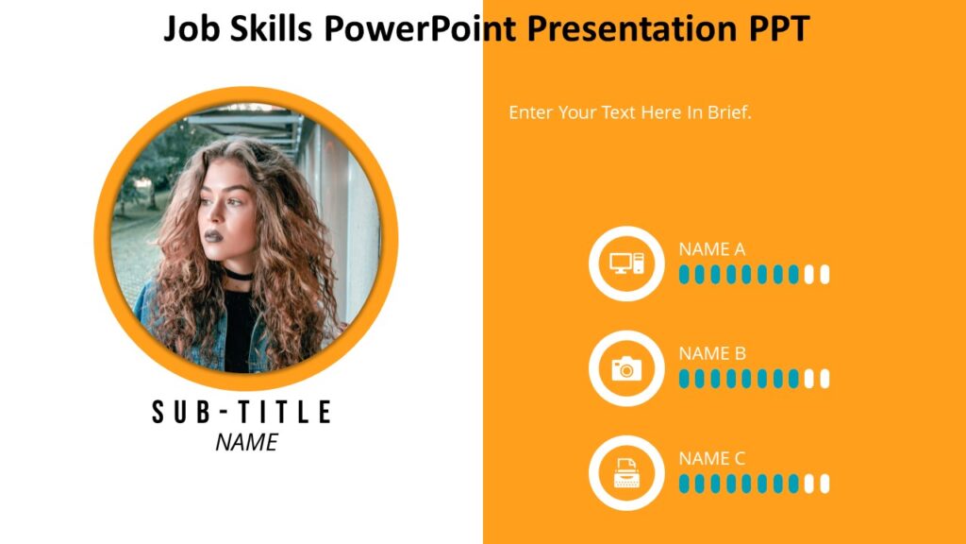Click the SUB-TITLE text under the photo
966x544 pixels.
coord(242,412)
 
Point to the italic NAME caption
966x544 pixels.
coord(246,442)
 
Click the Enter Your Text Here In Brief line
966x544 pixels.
coord(629,112)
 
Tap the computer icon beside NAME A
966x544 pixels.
coord(626,263)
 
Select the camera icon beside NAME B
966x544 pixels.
coord(626,368)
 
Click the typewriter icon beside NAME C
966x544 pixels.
coord(626,473)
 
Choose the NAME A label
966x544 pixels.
coord(711,249)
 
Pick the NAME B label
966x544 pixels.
coord(712,354)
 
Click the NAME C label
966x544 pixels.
coord(711,459)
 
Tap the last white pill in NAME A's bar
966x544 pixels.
coord(824,275)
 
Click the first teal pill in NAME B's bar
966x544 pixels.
coord(684,379)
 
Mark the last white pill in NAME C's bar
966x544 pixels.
coord(824,484)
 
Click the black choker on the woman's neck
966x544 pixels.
coord(237,275)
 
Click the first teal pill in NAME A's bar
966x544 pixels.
coord(684,275)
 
